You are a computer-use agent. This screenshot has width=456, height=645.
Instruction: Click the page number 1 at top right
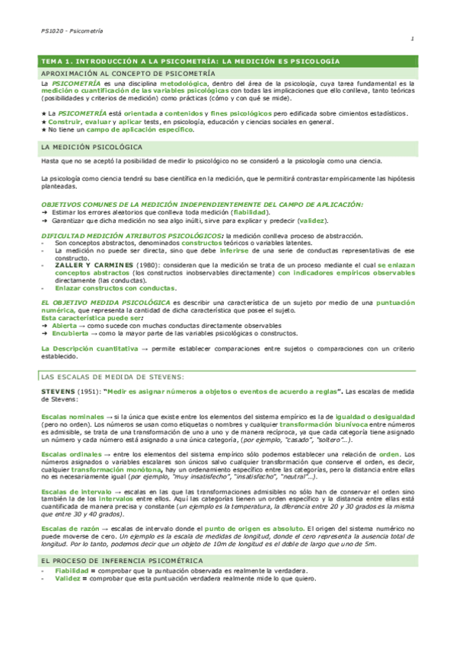[x=412, y=40]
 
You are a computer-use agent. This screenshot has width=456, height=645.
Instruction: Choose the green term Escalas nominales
[x=71, y=418]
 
